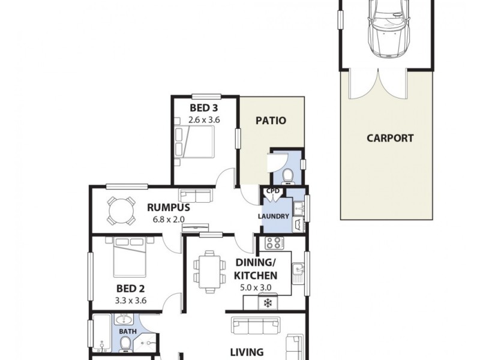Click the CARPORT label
point(390,138)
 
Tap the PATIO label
point(271,121)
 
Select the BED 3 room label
point(204,109)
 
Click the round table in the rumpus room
point(121,211)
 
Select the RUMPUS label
point(169,208)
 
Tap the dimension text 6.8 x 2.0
point(169,220)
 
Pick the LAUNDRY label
point(274,217)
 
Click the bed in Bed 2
point(127,259)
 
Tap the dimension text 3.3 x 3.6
point(130,301)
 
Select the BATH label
point(127,331)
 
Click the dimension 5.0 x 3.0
point(256,288)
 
